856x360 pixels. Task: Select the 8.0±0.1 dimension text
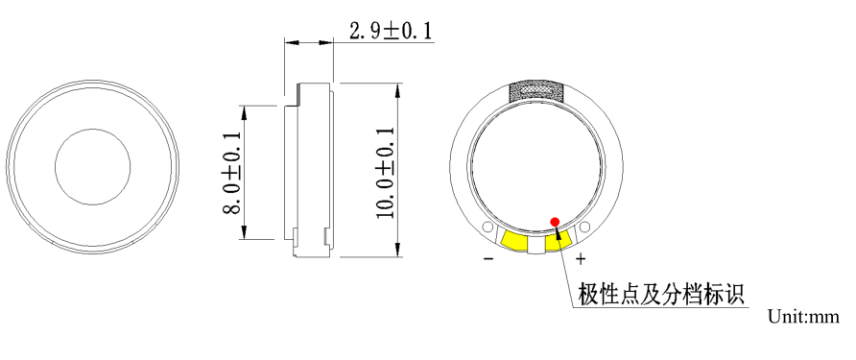click(x=232, y=173)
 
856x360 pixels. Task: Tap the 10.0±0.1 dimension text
click(x=386, y=172)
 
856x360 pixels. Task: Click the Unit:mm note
click(x=803, y=316)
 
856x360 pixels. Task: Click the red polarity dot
click(x=556, y=221)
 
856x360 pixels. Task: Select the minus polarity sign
click(x=488, y=258)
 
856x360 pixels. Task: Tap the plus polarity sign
click(x=581, y=258)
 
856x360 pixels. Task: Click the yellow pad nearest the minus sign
click(x=514, y=240)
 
